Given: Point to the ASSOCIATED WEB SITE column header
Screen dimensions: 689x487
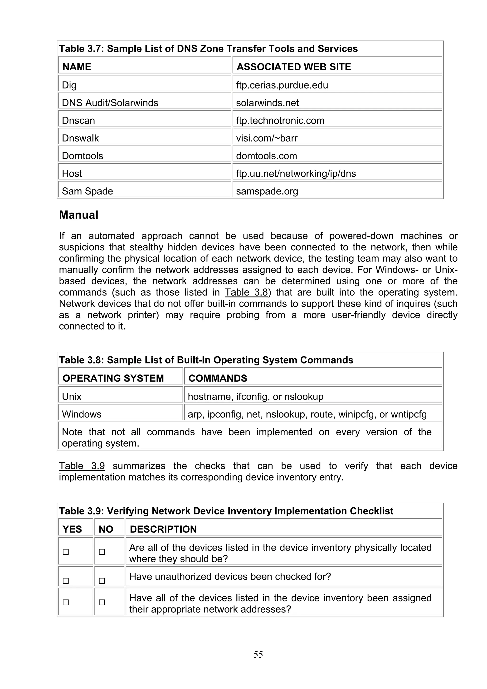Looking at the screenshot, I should click(293, 67).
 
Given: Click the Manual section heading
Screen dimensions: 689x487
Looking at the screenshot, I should click(79, 215).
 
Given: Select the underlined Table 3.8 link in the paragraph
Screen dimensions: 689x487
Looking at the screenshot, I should click(246, 292).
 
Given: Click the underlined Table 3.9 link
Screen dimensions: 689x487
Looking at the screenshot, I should click(82, 466).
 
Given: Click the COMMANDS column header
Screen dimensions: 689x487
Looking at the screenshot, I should click(218, 378).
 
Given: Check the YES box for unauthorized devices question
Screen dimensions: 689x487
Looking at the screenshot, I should click(66, 581).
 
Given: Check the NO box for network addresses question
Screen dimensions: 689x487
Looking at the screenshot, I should click(102, 602).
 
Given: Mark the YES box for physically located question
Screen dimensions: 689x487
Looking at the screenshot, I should click(66, 552).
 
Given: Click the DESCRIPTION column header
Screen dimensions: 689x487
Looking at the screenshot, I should click(163, 529).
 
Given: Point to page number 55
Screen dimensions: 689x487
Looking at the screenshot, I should click(258, 655).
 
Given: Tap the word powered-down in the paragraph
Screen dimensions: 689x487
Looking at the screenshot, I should click(361, 236).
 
